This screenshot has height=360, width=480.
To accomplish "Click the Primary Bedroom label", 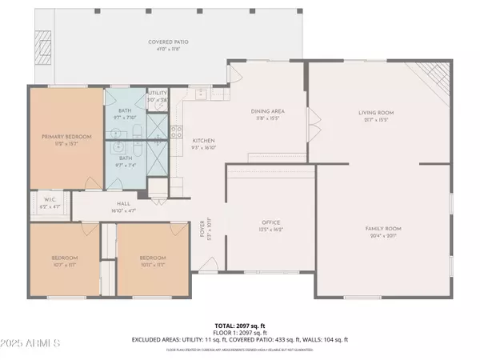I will point(66,137).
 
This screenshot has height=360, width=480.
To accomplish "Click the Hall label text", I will point(124,204).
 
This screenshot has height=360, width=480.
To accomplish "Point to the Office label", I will point(270,223).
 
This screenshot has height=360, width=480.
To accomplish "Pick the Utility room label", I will point(158,93).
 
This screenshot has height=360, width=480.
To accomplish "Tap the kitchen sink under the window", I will point(200,95).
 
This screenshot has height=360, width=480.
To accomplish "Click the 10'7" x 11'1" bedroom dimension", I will point(65,263).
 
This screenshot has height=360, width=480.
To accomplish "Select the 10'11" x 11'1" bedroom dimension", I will point(152,263).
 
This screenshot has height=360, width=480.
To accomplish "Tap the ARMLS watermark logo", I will point(32,343).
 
